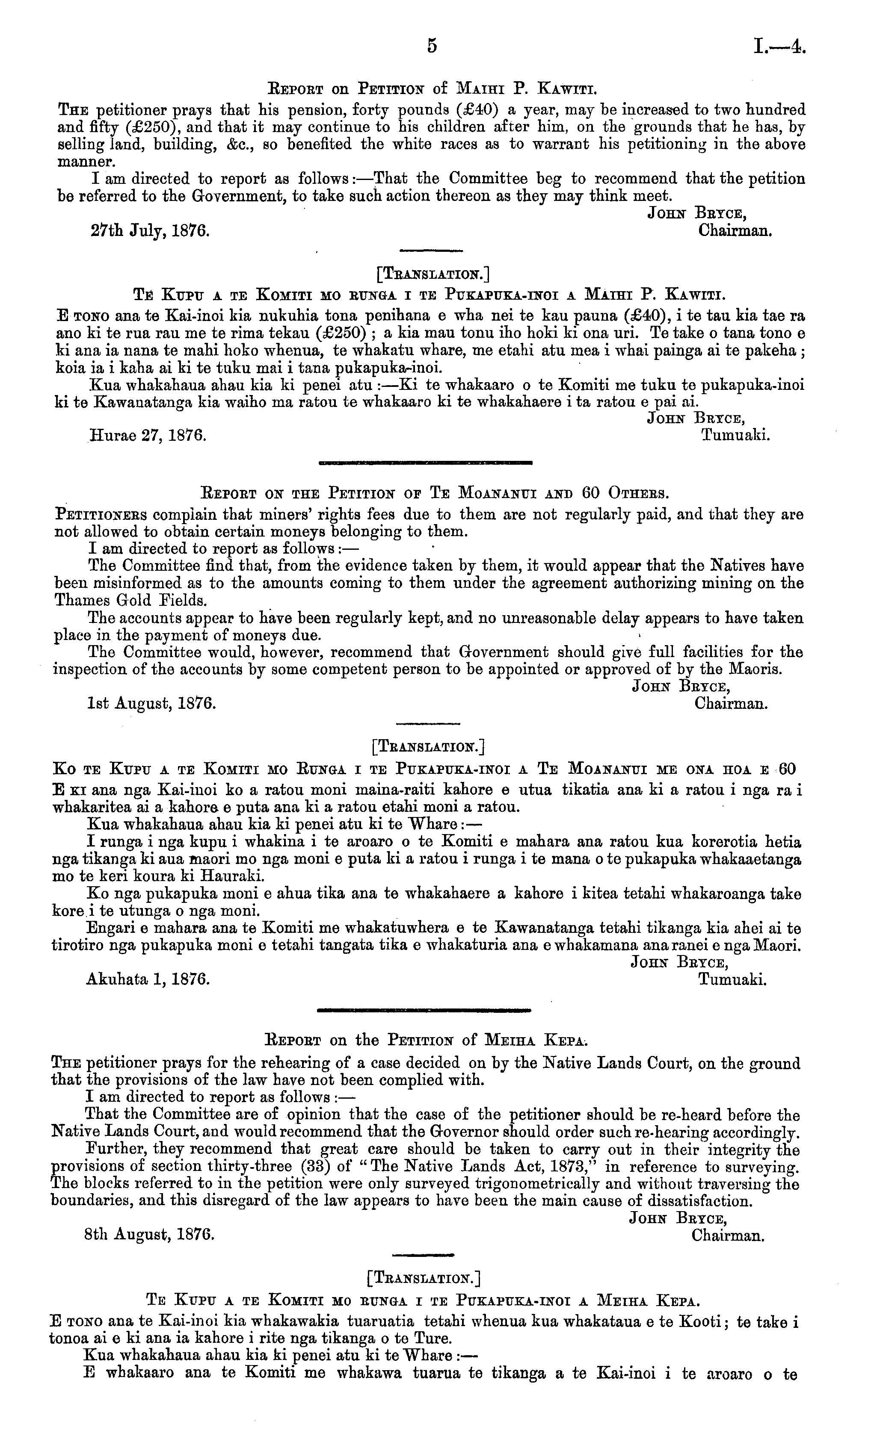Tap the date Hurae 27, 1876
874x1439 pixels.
coord(148,436)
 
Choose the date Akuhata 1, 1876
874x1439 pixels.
coord(148,979)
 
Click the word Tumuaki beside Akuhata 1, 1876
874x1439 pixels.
coord(732,979)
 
